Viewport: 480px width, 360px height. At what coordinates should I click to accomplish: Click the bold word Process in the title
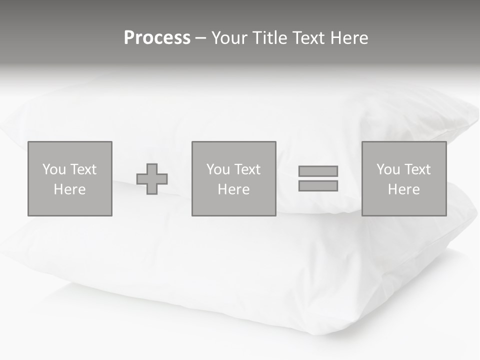tap(157, 38)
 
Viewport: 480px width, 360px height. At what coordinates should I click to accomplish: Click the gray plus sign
tap(152, 179)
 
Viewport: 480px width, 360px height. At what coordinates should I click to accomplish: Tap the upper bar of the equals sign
tap(318, 171)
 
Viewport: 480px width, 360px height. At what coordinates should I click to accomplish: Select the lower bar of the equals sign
tap(318, 186)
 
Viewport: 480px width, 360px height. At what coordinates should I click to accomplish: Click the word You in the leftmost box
tap(54, 169)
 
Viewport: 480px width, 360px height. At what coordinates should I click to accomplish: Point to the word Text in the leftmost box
tap(83, 169)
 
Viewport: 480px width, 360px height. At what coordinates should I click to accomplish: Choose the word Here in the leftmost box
tap(69, 189)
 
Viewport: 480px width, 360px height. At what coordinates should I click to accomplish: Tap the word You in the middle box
tap(218, 169)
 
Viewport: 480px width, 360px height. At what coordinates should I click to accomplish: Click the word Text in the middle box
tap(247, 169)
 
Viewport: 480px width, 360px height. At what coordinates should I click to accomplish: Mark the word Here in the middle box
tap(233, 189)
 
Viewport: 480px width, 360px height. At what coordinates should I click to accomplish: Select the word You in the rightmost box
tap(388, 169)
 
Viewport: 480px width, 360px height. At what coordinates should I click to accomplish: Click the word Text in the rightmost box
tap(417, 169)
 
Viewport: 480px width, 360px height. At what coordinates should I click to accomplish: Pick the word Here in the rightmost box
tap(403, 189)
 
